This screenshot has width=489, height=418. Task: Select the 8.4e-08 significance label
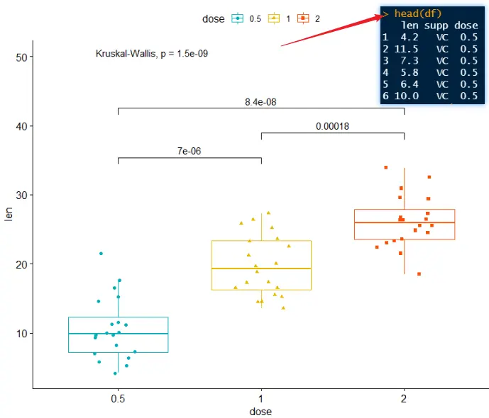coord(260,102)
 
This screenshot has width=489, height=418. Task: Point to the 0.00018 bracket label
coord(332,127)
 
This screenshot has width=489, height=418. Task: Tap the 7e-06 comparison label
coord(189,152)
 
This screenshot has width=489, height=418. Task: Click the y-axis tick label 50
coord(20,57)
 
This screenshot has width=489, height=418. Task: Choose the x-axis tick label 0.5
coord(118,398)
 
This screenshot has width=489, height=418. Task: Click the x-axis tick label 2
coord(404,398)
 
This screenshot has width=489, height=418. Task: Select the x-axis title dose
coord(260,412)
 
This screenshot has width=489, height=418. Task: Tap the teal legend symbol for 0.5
coord(237,18)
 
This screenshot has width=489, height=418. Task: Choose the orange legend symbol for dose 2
coord(303,18)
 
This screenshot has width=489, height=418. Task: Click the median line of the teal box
coord(118,333)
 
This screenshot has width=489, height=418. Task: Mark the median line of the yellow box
coord(261,269)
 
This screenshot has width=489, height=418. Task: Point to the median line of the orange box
coord(404,222)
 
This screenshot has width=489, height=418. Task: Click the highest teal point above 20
coord(101,253)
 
